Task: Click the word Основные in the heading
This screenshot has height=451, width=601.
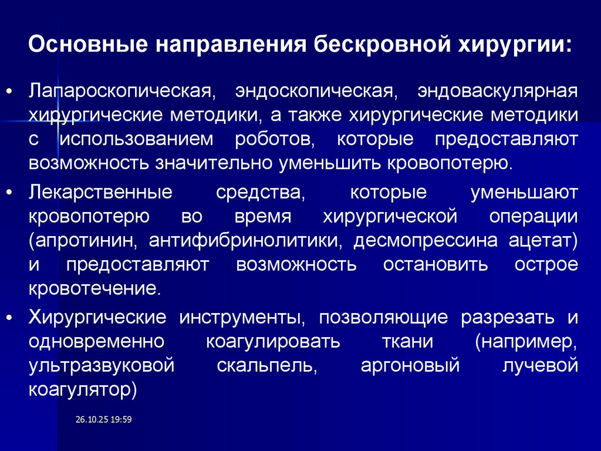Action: (87, 46)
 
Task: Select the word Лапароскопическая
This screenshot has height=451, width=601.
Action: (119, 92)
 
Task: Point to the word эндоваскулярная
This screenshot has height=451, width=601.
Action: (497, 92)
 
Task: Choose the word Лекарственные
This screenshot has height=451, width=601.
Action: (100, 193)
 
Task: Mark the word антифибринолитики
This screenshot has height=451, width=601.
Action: (242, 240)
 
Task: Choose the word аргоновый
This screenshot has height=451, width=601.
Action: (409, 365)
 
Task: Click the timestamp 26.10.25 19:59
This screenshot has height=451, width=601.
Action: (104, 419)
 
